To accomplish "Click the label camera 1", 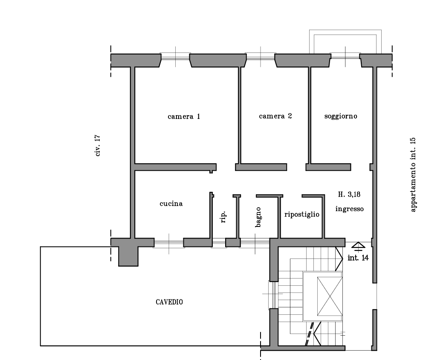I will [184, 116].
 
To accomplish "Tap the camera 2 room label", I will [275, 116].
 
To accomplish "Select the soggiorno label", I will [340, 116].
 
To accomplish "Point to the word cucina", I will [171, 204].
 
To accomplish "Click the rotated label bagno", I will [258, 217].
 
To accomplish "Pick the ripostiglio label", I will [301, 214].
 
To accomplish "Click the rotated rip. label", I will [223, 218].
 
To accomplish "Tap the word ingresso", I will [349, 209].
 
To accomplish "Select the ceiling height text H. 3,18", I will [349, 195].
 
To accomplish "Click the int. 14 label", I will [358, 258].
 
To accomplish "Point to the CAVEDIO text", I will [169, 302].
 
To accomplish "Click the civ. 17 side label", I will [98, 146].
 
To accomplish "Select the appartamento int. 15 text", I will [412, 175].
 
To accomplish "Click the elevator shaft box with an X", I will [330, 296].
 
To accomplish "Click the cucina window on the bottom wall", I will [169, 243].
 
